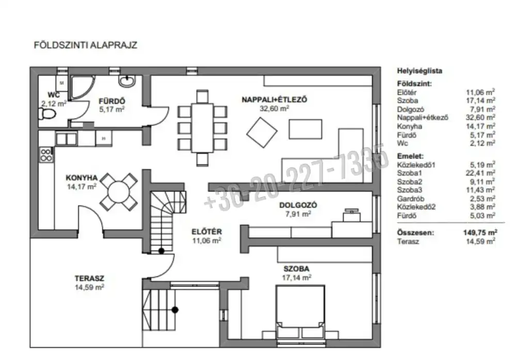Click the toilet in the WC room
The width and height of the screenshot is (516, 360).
pos(47,114)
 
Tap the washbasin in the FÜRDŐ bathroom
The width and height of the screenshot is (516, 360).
pos(126,81)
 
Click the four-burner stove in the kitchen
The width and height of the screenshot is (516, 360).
pos(46,155)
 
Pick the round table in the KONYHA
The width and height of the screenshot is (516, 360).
pos(119,192)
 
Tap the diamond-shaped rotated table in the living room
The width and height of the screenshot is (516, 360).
pos(262,132)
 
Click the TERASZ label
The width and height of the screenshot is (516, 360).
pos(89,278)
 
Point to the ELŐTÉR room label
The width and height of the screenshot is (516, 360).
pos(207,232)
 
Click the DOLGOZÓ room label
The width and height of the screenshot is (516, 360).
pos(298,205)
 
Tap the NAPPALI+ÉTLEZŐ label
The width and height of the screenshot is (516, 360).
pos(274,100)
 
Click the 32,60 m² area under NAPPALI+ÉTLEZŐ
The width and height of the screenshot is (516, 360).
pos(275,108)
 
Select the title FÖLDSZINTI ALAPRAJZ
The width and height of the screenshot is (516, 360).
pos(86,45)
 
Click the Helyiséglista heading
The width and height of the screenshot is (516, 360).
pos(420,71)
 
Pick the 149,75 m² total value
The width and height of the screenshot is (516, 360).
pos(480,232)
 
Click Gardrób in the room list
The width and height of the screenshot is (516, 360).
pos(411,199)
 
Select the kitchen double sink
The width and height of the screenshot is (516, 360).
pos(66,139)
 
